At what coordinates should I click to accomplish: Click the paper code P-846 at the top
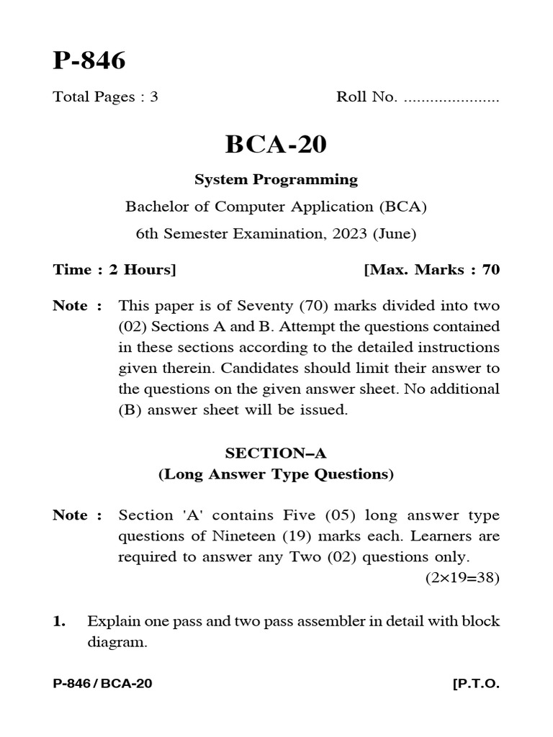tap(89, 62)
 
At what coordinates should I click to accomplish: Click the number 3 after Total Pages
tap(153, 98)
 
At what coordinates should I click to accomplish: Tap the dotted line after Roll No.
tap(451, 99)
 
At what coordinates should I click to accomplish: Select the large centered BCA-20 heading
tap(276, 145)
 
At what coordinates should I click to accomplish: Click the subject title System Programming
tap(276, 179)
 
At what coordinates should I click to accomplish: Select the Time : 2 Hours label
tap(114, 270)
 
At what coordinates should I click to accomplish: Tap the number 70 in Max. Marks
tap(490, 270)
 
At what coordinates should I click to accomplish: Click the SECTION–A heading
tap(276, 453)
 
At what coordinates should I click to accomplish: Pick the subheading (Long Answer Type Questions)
tap(276, 474)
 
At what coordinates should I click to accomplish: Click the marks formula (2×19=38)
tap(462, 578)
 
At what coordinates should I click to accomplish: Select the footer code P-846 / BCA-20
tap(102, 684)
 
